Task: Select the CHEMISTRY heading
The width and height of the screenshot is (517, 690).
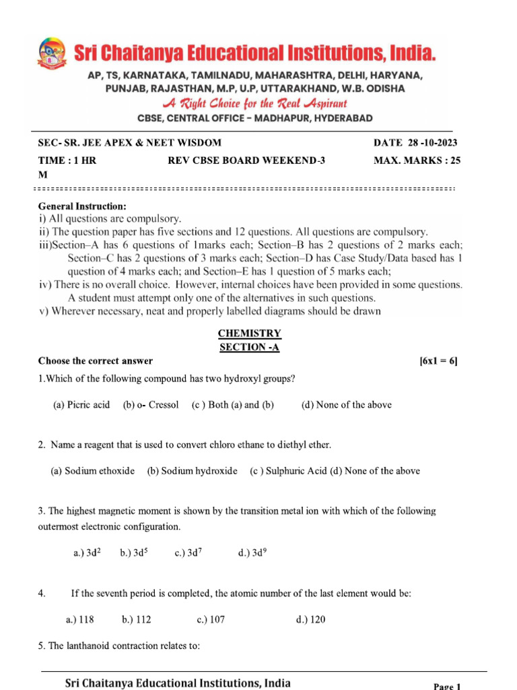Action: [250, 334]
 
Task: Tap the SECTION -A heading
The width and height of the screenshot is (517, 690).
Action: [250, 347]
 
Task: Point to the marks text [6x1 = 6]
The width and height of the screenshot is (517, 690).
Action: [438, 361]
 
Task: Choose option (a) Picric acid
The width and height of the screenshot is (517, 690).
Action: [81, 405]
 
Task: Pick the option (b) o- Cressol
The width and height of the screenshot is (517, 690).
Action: [151, 405]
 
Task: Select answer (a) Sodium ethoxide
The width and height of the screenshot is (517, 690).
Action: [93, 471]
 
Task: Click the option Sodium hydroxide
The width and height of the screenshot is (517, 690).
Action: [192, 471]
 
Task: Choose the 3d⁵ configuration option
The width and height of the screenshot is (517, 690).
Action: [134, 553]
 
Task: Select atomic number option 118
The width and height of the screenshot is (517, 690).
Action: [79, 619]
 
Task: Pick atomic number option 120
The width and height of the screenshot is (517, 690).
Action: [310, 619]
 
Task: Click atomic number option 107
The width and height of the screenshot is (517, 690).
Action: [211, 619]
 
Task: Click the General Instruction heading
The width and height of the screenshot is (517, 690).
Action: [82, 206]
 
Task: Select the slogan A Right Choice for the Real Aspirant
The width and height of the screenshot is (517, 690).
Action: [254, 104]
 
